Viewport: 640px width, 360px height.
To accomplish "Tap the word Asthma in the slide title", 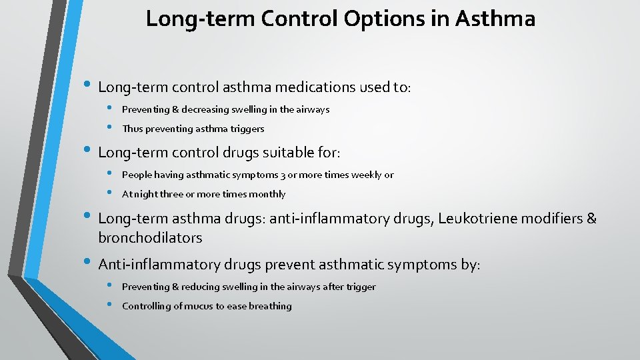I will [495, 19].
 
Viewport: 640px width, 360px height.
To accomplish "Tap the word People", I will [137, 175].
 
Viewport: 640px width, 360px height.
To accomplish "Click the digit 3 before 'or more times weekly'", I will [282, 175].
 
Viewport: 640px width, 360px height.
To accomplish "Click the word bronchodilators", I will [150, 238].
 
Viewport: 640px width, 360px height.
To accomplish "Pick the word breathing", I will [270, 306].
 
